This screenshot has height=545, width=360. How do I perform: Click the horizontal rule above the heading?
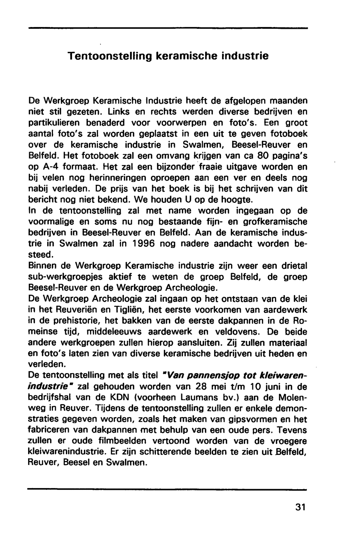168,28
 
